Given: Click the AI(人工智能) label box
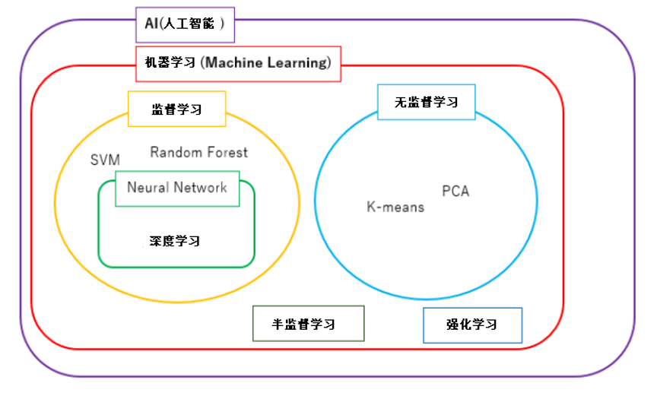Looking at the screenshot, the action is click(x=186, y=25).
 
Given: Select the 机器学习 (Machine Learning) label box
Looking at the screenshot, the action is click(x=239, y=64).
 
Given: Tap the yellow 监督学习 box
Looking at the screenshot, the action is click(x=177, y=109).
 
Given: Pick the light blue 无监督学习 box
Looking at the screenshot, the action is click(x=426, y=102).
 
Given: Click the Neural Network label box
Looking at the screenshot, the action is click(x=177, y=188).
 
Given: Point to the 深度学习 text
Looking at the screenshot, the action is click(x=175, y=241).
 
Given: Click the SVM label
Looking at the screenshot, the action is click(x=105, y=160).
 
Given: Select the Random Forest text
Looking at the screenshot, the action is click(x=199, y=153).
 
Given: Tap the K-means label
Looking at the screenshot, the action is click(x=395, y=207).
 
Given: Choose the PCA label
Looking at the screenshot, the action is click(x=455, y=192).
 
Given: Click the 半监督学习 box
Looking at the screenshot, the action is click(x=309, y=324).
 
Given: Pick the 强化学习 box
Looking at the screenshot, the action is click(x=473, y=325).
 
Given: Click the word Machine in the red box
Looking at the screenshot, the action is click(x=233, y=63).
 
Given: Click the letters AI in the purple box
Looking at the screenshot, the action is click(x=151, y=24).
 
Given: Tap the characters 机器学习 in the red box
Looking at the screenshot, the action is click(x=170, y=63).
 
